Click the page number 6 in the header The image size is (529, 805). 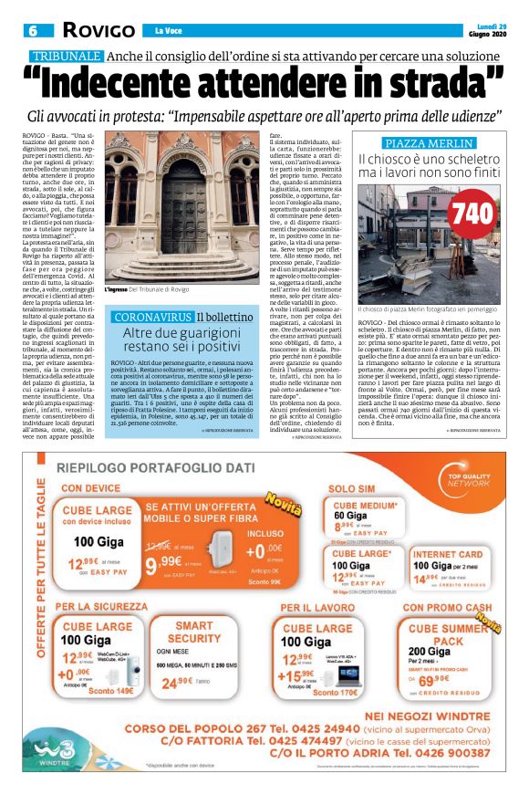(x=33, y=31)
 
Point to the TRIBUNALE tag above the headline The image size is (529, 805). (x=63, y=56)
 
